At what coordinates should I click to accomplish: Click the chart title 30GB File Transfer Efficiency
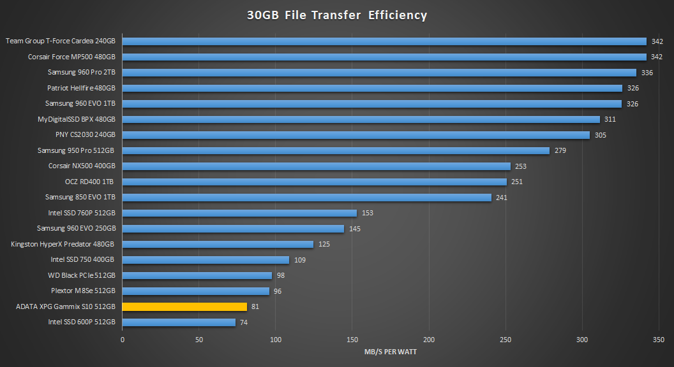337,15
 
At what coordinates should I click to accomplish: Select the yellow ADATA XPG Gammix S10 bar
184,306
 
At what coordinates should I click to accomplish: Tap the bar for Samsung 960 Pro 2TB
379,73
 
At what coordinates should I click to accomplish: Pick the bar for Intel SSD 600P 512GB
179,322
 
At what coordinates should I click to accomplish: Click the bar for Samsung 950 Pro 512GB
336,150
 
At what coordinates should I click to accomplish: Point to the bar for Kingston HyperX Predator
218,244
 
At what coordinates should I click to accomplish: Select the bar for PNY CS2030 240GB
356,135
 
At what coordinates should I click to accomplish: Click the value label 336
647,73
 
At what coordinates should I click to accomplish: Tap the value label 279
560,151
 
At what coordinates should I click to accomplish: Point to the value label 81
256,307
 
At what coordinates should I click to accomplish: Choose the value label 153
368,213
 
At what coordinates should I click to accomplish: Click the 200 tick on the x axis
429,340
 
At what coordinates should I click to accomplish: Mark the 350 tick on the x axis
659,340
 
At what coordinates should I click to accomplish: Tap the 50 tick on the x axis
199,340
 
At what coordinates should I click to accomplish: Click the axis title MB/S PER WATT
391,352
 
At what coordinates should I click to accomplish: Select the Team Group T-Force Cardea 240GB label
61,41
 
